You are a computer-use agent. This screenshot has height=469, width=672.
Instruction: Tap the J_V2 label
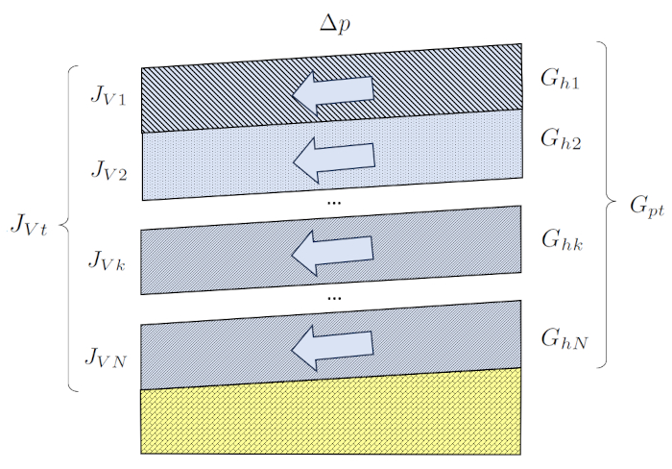coord(109,169)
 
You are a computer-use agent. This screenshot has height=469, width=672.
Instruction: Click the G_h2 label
coord(561,140)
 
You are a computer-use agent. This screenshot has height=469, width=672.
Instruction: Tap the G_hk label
coord(561,238)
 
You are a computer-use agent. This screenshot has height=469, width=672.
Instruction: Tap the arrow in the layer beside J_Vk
coord(332,253)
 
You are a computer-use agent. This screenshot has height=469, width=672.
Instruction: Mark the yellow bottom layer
coord(331,413)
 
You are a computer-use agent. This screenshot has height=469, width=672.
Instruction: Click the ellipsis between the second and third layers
coord(334,204)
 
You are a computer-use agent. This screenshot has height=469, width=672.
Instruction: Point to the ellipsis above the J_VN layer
coord(334,298)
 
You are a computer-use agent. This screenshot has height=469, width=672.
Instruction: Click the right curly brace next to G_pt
coord(605,204)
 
